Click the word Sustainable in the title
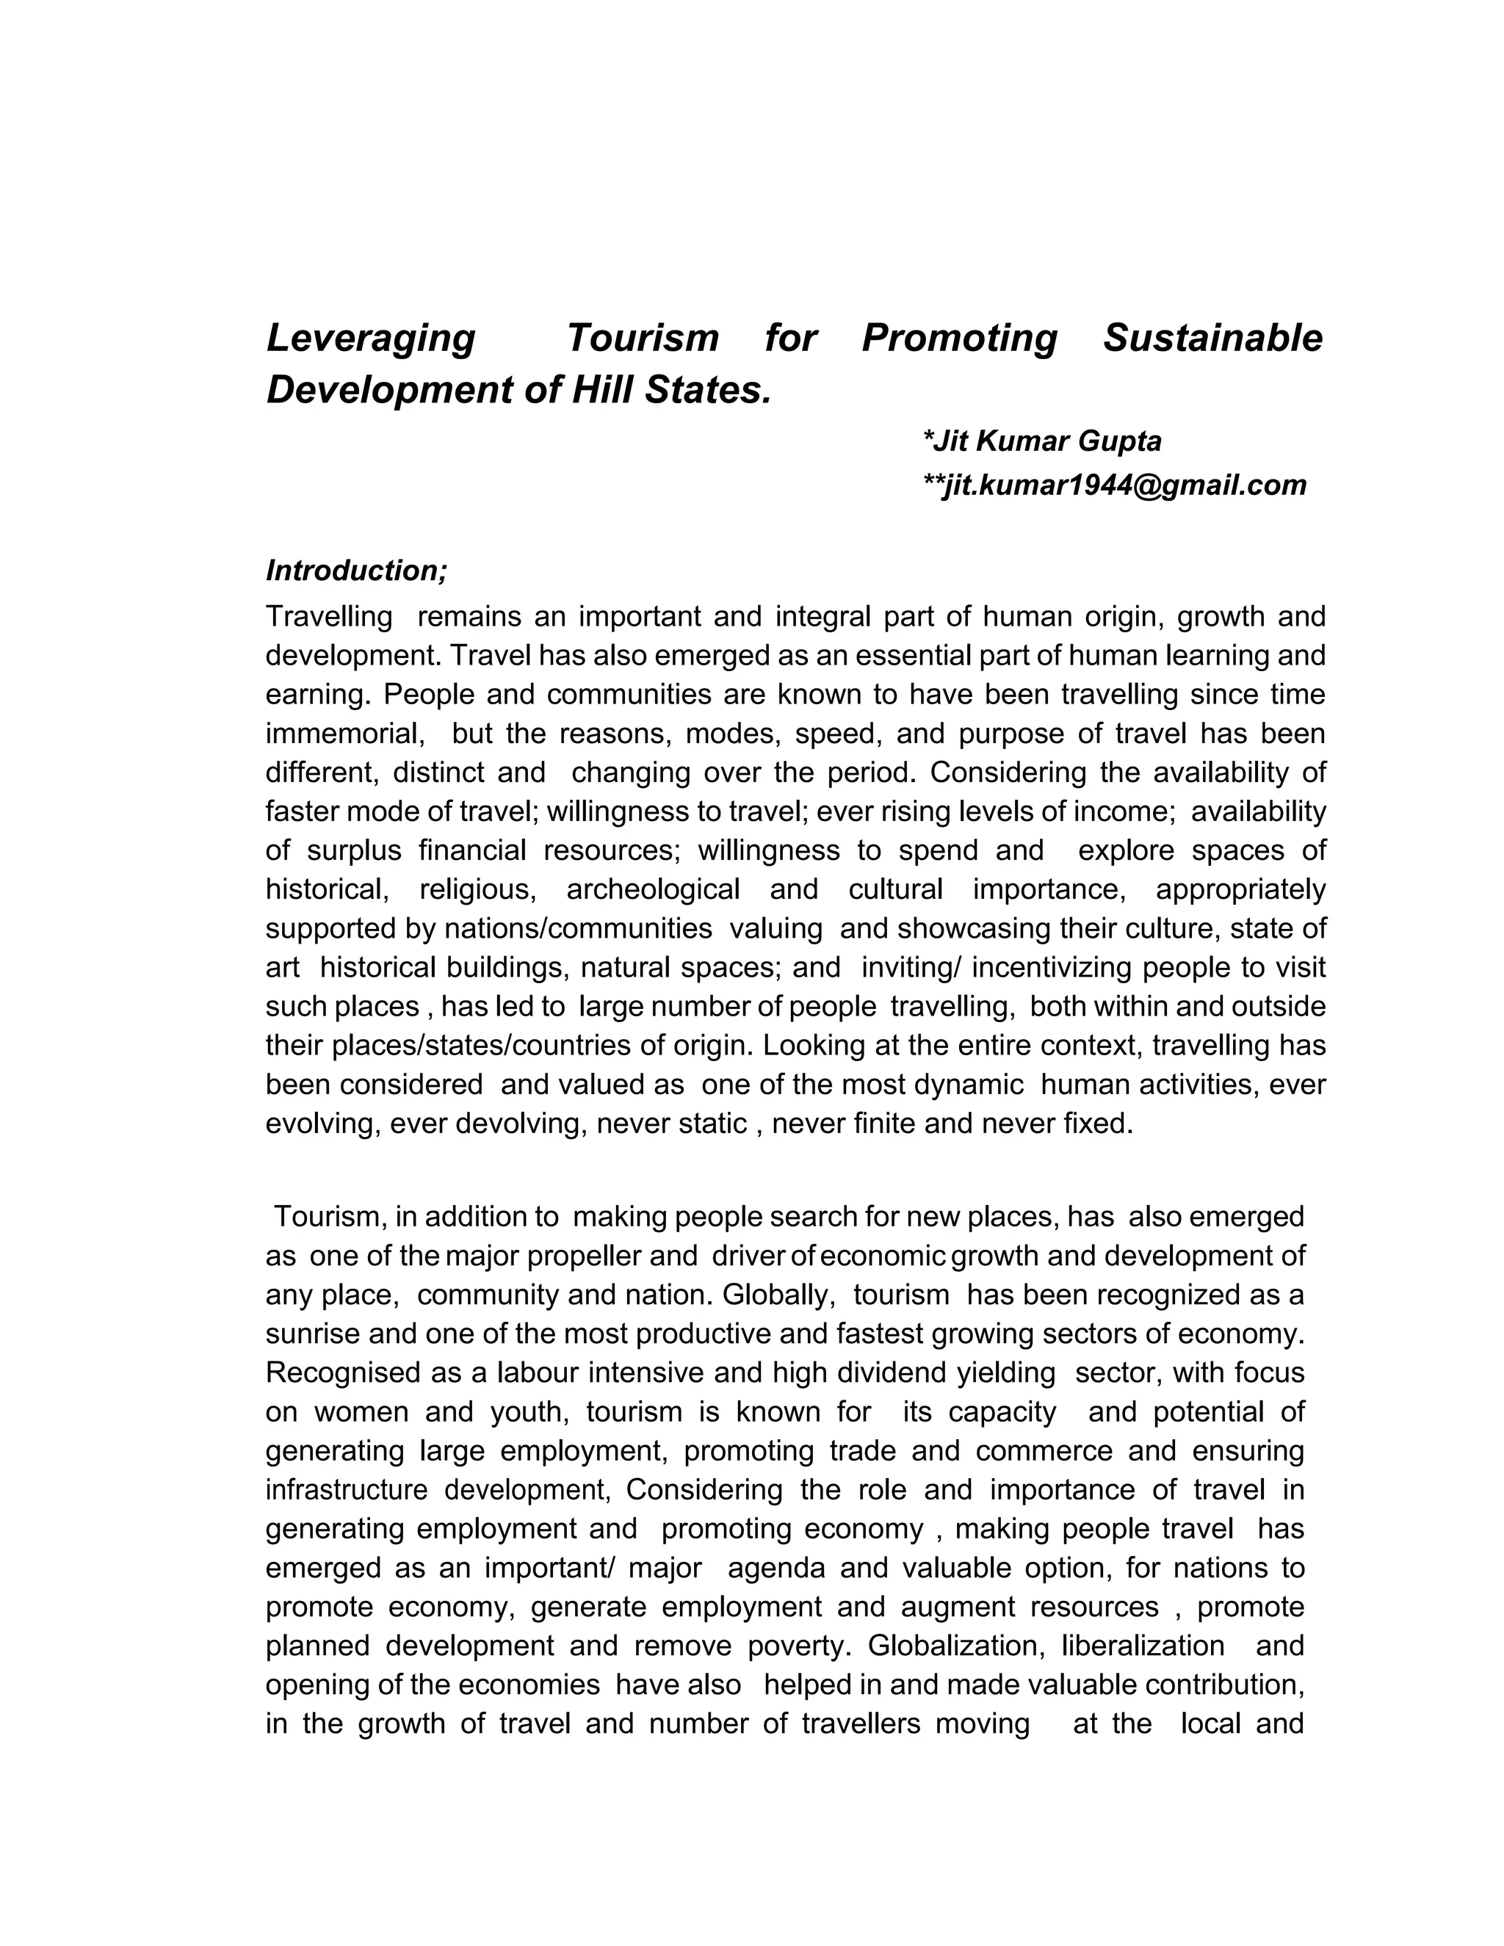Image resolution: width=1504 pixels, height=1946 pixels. pos(1212,339)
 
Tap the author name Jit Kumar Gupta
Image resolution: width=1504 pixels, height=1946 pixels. pos(1043,440)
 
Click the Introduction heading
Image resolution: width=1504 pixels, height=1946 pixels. pos(356,571)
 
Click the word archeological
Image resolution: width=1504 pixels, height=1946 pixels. pos(653,889)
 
